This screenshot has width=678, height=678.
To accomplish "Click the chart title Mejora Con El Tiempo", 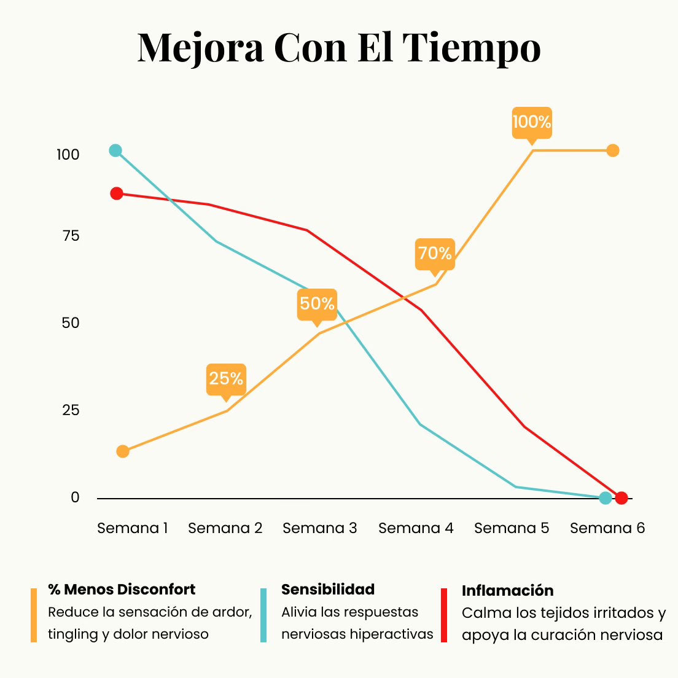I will click(x=339, y=48).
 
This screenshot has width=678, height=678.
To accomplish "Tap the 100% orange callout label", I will click(x=532, y=122).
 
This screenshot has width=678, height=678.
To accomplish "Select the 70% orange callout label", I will click(x=435, y=253).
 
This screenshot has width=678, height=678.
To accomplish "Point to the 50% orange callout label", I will click(x=317, y=303).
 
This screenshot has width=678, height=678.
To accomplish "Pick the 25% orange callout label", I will click(x=226, y=378).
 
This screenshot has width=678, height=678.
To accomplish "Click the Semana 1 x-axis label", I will click(x=133, y=528).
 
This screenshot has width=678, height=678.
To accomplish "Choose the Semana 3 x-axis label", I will click(x=319, y=528).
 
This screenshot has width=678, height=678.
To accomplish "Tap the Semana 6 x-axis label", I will click(x=607, y=528).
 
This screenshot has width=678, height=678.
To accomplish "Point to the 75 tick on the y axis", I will click(x=71, y=236).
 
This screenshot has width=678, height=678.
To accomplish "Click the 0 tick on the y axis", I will click(x=75, y=497).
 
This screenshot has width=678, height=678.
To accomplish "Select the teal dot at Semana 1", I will click(x=115, y=150).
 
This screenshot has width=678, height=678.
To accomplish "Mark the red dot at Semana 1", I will click(x=117, y=193).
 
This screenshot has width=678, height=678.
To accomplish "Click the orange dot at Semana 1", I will click(x=123, y=451).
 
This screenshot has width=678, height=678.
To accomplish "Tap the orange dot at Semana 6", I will click(x=612, y=150).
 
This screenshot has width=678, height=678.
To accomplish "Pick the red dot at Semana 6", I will click(x=621, y=497).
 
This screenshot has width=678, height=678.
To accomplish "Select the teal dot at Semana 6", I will click(x=606, y=497).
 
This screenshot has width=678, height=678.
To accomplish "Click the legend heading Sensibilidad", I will click(x=328, y=590).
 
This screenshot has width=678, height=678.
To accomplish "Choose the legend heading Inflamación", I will click(x=507, y=591).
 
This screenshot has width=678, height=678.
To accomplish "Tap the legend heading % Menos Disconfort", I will click(x=122, y=590).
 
